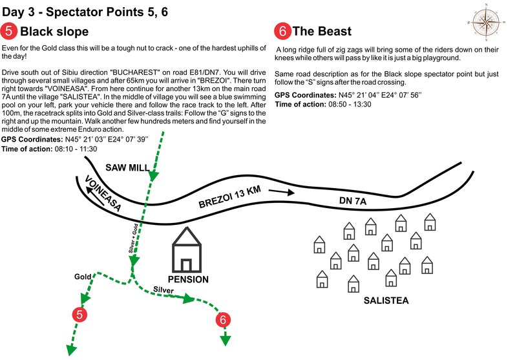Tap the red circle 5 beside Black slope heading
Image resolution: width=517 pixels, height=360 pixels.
point(9,31)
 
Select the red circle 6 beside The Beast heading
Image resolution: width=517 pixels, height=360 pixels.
point(282,31)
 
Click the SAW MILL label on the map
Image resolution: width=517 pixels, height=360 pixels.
point(128,167)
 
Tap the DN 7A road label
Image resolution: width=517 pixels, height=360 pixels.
point(353,202)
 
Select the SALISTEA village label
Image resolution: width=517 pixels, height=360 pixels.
point(386,301)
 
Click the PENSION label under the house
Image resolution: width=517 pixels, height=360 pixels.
point(188,280)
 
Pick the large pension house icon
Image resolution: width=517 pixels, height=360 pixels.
point(187,252)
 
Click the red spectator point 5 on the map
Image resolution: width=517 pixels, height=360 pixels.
point(80,315)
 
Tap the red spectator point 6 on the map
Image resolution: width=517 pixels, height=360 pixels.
point(224,319)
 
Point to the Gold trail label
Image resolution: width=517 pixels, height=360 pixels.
point(83,276)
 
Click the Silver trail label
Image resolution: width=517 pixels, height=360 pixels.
point(163,290)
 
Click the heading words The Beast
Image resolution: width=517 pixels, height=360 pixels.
point(321,31)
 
